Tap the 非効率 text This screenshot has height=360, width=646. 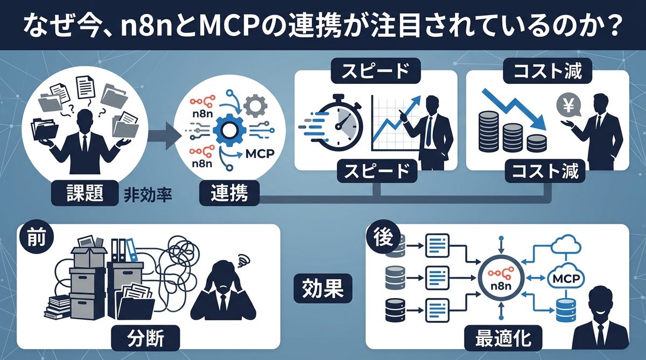pyautogui.click(x=148, y=194)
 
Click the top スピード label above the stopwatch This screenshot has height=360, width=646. pyautogui.click(x=376, y=71)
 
